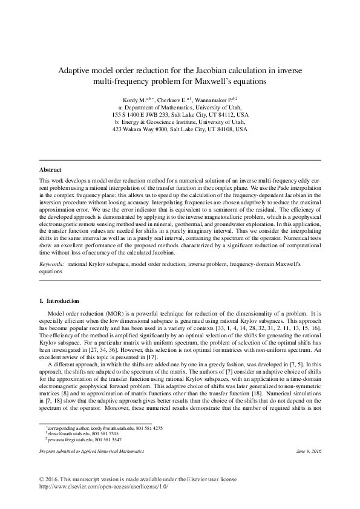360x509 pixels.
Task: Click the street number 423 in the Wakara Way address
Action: coord(118,129)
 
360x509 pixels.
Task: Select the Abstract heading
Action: coord(50,170)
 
